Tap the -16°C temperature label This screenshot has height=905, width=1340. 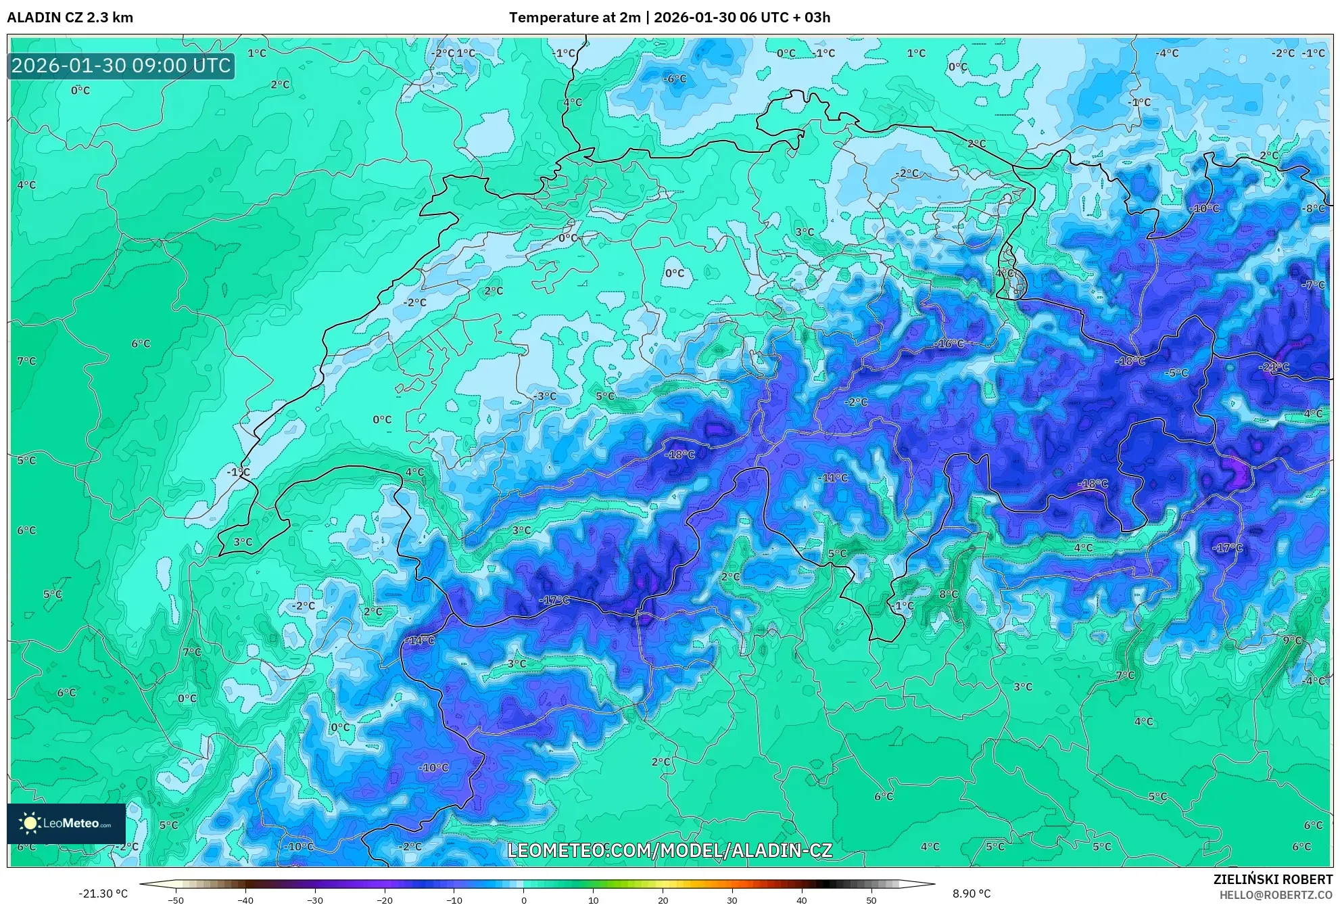tap(949, 344)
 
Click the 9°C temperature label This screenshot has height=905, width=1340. tap(1292, 640)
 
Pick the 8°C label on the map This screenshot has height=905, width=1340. tap(949, 594)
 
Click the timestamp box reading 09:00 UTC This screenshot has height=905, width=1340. tap(122, 66)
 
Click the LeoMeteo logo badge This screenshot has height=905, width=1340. tap(66, 823)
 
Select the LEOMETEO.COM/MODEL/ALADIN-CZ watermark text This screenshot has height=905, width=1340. tap(669, 850)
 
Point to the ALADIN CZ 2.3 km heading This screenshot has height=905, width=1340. tap(70, 18)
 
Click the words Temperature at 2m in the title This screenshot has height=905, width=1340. tap(574, 18)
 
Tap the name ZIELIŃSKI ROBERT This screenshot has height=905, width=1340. tap(1272, 879)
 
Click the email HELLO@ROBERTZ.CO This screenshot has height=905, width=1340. tap(1275, 895)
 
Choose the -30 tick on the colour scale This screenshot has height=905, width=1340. tap(315, 900)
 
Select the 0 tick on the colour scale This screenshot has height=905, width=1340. tap(523, 900)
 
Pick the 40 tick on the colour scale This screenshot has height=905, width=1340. tap(802, 900)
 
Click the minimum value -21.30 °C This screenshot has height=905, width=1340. tap(103, 894)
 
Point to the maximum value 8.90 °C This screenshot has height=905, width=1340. tap(972, 894)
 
